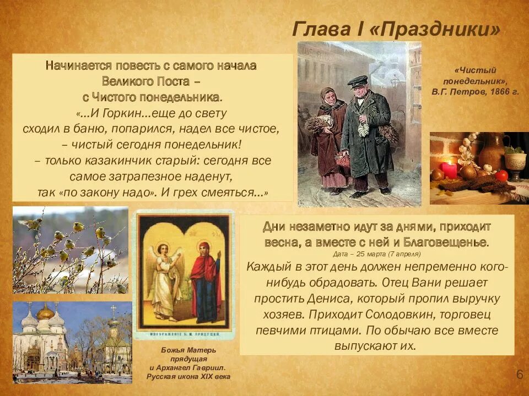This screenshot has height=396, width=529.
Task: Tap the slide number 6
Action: [x=519, y=375]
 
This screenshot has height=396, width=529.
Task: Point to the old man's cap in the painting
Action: [x=357, y=81]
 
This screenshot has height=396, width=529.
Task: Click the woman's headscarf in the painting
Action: [x=329, y=96]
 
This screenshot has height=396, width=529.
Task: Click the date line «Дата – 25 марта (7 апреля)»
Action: [x=377, y=254]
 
